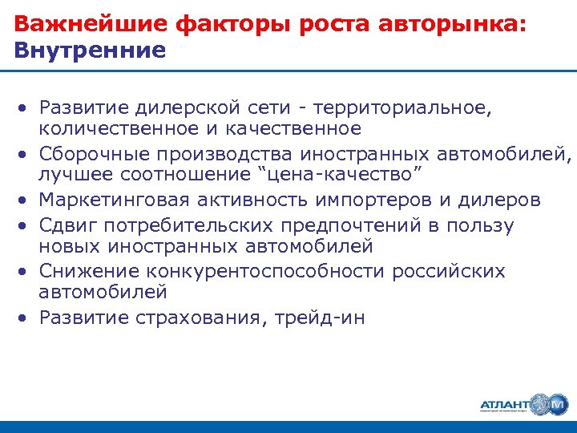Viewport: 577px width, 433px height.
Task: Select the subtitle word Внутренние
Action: [91, 51]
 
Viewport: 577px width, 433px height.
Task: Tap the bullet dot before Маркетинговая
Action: [26, 199]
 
